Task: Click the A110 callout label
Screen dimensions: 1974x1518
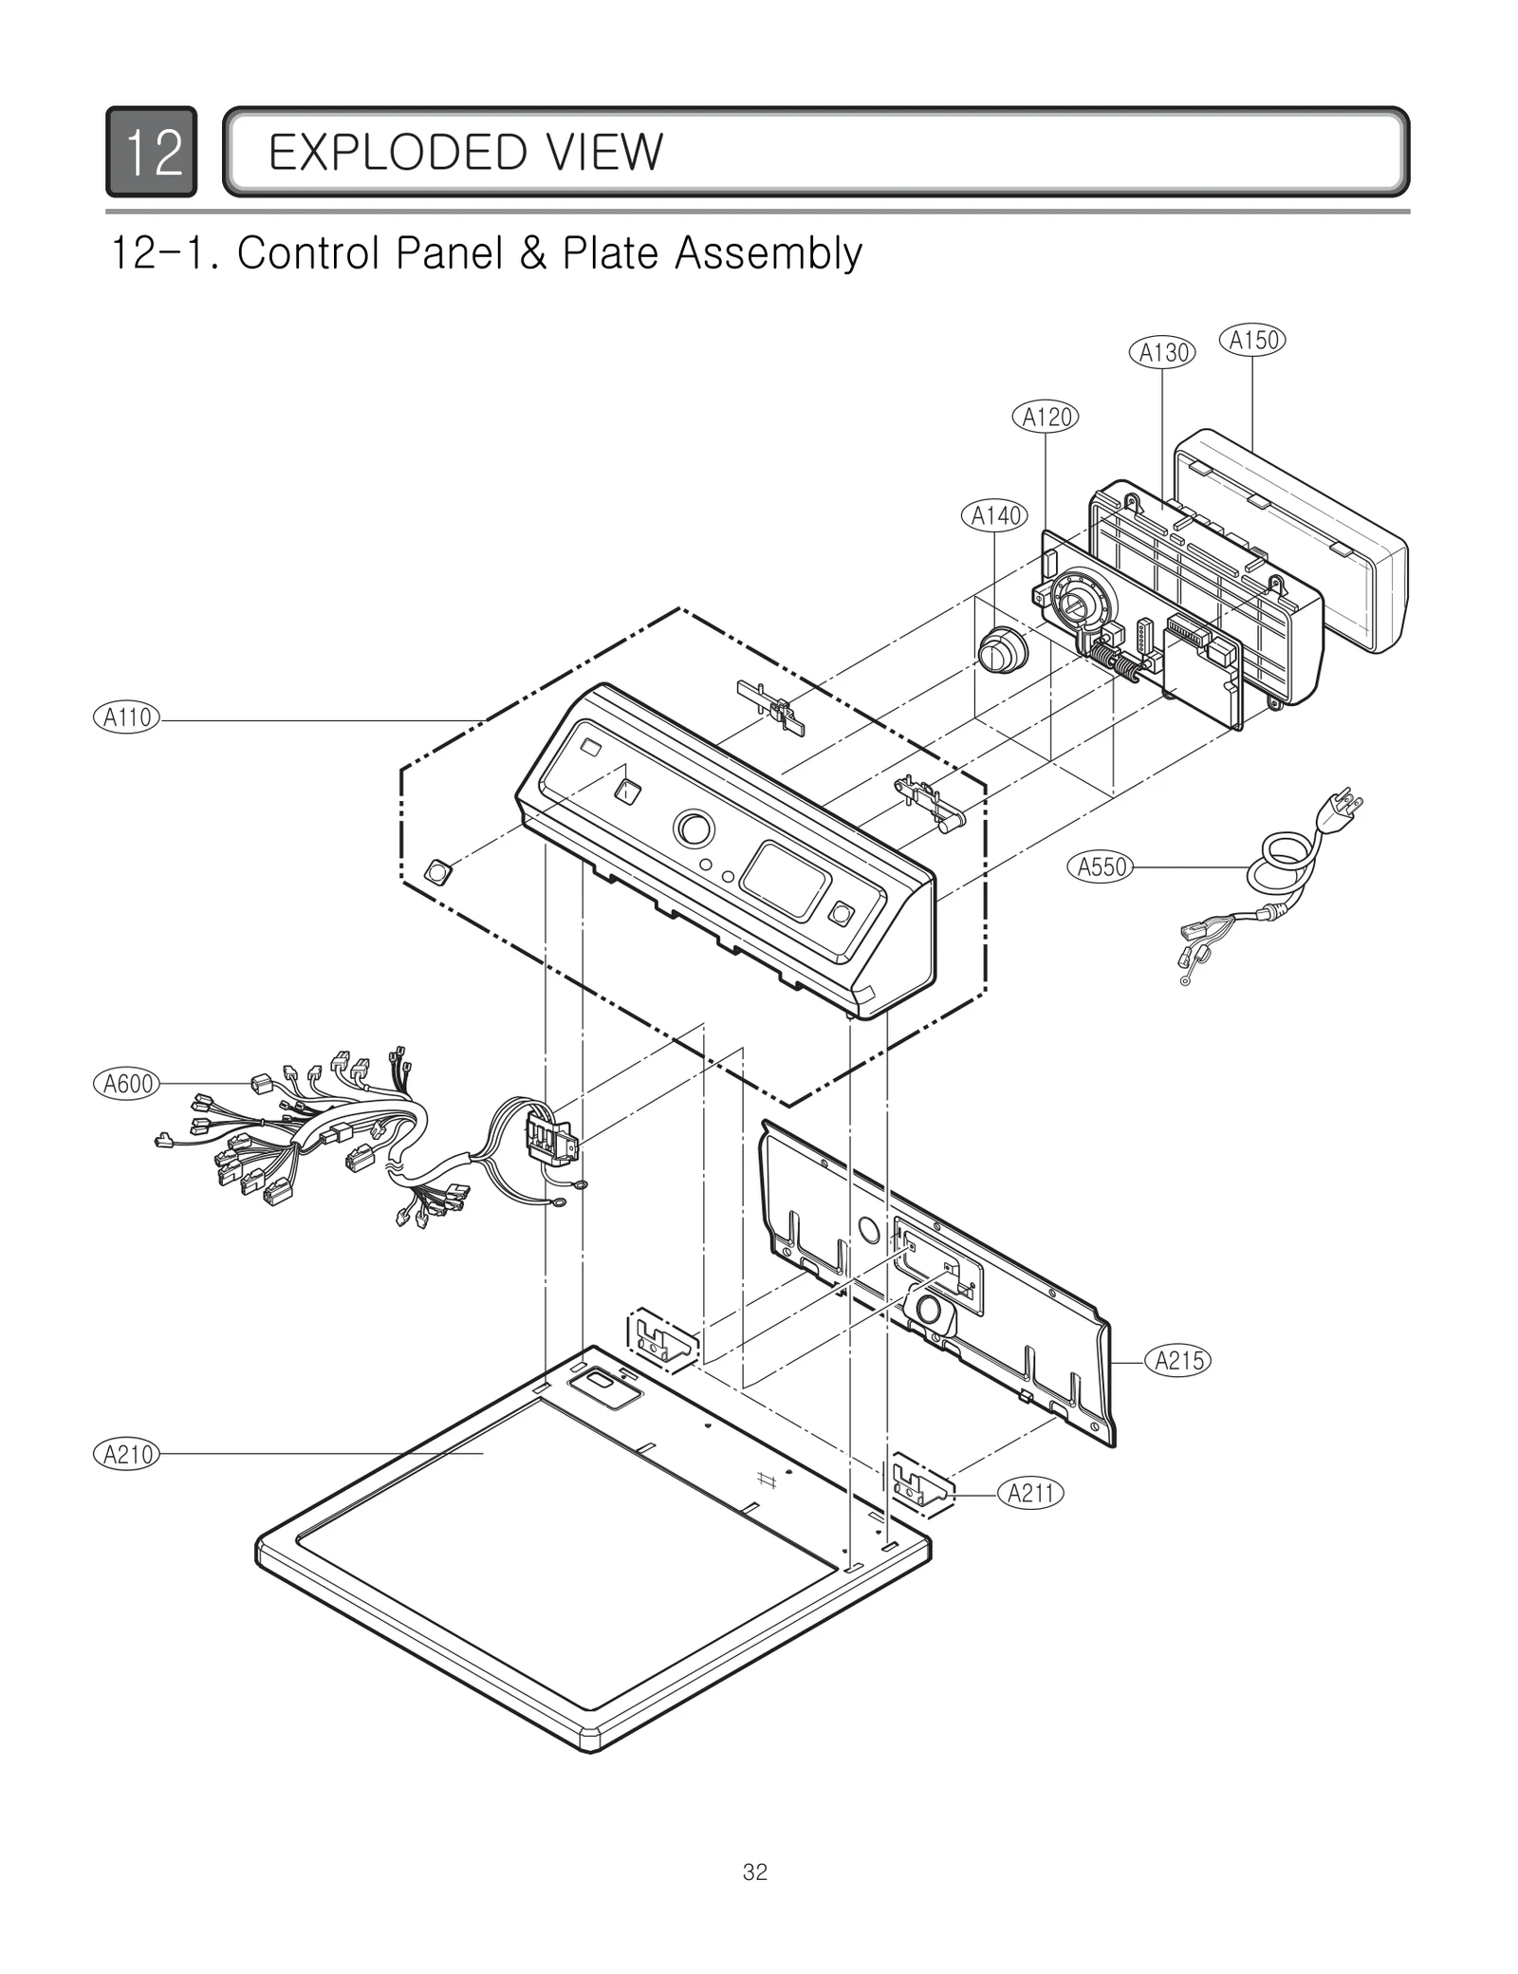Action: click(x=127, y=717)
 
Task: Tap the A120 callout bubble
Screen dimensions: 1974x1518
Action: click(x=1046, y=417)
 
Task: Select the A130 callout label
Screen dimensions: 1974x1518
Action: click(x=1162, y=353)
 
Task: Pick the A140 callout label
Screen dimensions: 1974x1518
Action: click(x=995, y=515)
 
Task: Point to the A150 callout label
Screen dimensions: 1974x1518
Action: click(x=1252, y=340)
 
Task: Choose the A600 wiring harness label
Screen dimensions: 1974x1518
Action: click(x=127, y=1083)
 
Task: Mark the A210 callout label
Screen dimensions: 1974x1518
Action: click(x=127, y=1454)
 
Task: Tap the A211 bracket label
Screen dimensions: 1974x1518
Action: click(x=1030, y=1494)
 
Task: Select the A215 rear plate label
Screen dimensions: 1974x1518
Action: click(x=1178, y=1361)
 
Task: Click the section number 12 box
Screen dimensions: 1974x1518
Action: click(x=152, y=152)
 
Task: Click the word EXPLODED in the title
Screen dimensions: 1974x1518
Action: click(x=385, y=152)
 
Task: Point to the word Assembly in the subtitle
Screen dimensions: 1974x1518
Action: click(x=767, y=253)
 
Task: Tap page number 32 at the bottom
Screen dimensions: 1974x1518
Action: click(x=755, y=1872)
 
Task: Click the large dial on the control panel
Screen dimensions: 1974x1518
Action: click(x=694, y=829)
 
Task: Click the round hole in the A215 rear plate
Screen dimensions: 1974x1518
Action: click(x=868, y=1230)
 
